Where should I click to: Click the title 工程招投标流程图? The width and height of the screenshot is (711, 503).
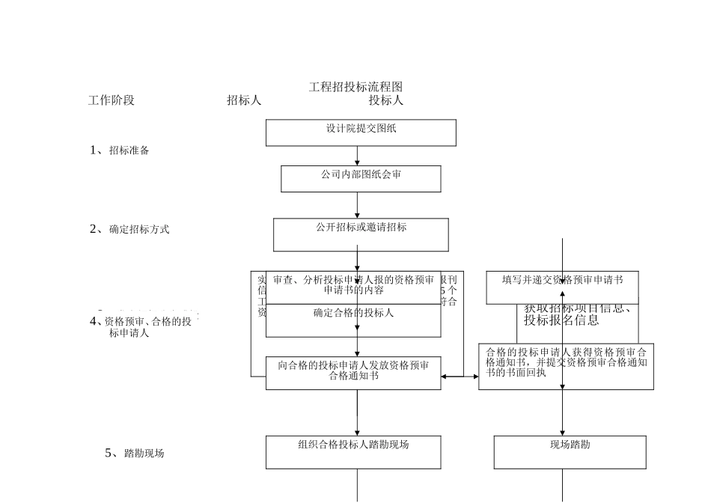(355, 87)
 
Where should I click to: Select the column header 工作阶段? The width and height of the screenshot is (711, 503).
(112, 100)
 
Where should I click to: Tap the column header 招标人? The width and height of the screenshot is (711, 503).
(244, 100)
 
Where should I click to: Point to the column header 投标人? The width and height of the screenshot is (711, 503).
(385, 100)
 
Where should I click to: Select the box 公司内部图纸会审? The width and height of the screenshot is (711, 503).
(361, 178)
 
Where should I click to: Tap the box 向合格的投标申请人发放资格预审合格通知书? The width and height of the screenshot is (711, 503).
(353, 372)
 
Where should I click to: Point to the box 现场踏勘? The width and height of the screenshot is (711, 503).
(570, 452)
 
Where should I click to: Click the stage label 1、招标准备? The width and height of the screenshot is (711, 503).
(120, 150)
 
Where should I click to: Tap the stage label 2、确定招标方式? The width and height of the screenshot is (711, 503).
(129, 229)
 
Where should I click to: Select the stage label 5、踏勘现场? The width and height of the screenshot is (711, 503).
(135, 453)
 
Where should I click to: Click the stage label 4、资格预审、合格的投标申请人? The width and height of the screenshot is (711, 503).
(142, 327)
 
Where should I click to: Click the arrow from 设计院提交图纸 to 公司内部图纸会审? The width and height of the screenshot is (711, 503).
(358, 156)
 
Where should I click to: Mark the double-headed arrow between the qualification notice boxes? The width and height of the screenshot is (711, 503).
(460, 377)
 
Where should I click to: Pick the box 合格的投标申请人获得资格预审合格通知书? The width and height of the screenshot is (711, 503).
(566, 366)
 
